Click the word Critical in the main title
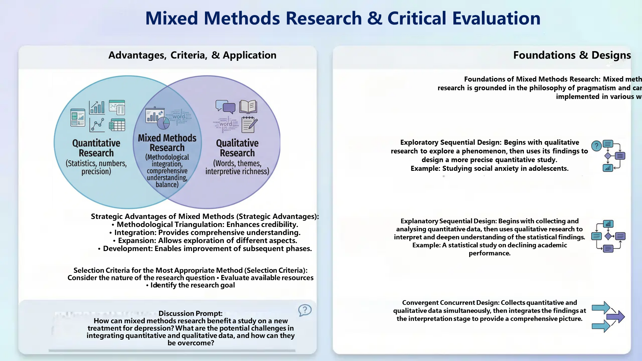tap(417, 18)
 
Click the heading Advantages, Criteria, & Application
tap(192, 55)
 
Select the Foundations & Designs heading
tap(572, 55)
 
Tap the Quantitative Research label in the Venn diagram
tap(96, 148)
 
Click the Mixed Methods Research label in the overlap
tap(167, 143)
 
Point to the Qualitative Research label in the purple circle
tap(237, 148)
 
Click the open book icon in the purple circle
tap(248, 107)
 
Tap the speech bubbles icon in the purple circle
tap(225, 107)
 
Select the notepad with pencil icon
tap(249, 125)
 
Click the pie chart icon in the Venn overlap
tap(164, 123)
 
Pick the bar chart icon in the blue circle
tap(97, 107)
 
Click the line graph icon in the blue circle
tap(97, 125)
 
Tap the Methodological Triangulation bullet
tap(205, 225)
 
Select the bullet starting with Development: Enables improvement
tap(205, 249)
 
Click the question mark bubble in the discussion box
tap(305, 310)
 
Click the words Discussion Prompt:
tap(190, 314)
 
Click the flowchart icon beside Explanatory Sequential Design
tap(609, 236)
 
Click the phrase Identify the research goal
tap(192, 285)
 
